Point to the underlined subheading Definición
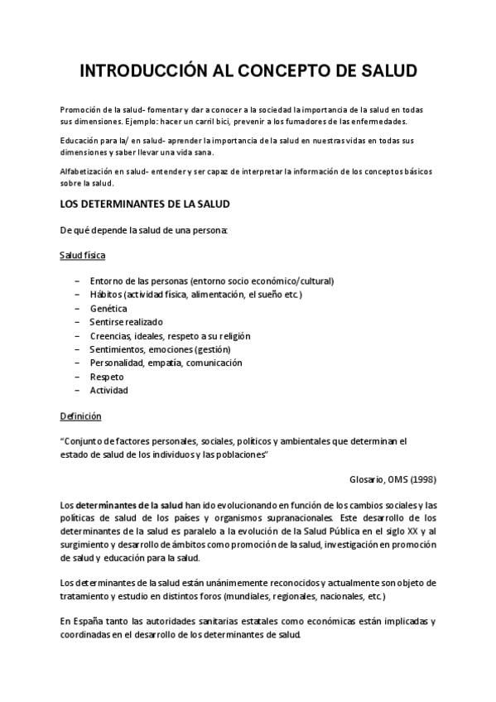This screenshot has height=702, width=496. [80, 416]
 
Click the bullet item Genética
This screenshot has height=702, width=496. [108, 308]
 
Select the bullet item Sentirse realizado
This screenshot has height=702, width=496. [127, 322]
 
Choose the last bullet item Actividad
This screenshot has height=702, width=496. [108, 390]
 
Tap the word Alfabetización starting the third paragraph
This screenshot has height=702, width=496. [87, 171]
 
